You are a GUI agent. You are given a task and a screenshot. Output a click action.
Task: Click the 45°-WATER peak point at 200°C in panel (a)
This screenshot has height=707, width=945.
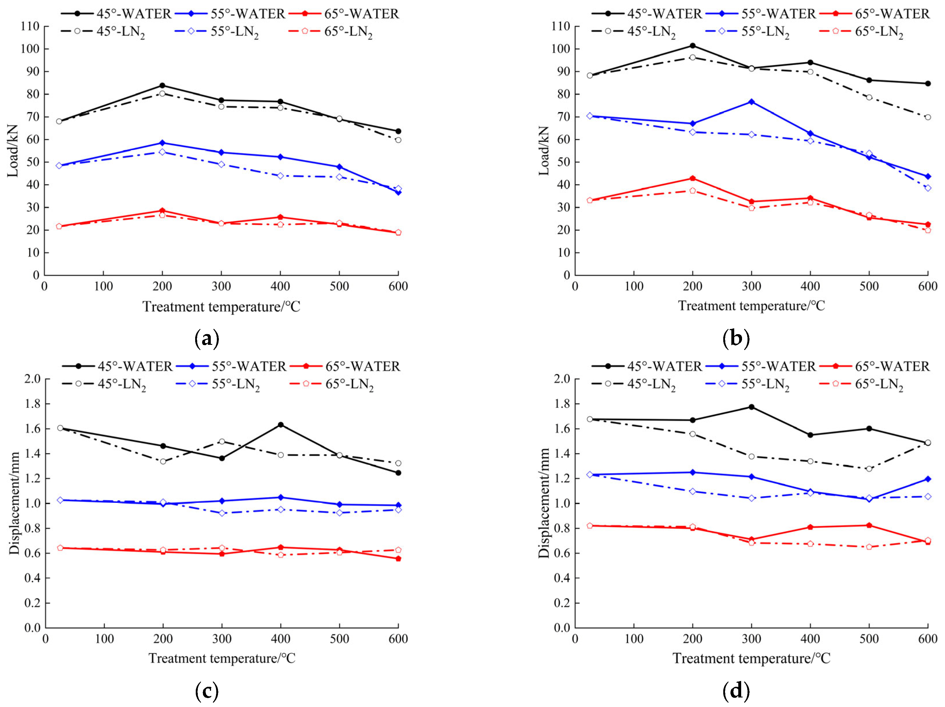point(162,85)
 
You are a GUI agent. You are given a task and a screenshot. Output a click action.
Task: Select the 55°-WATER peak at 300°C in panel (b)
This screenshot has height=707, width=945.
point(752,102)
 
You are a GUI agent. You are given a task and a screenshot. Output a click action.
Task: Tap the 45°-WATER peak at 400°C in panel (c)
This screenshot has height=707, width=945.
point(281,425)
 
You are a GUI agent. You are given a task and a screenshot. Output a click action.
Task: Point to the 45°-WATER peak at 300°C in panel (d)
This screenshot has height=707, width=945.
point(752,407)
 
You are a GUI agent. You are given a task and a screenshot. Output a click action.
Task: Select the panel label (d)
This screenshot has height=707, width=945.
point(736,691)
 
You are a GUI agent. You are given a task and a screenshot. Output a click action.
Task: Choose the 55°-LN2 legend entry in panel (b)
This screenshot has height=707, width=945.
point(747,32)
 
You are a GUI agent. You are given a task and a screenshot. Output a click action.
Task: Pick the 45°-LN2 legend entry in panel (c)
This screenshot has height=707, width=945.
point(104,384)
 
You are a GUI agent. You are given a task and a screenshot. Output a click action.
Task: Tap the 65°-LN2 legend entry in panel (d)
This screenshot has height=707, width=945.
point(861,384)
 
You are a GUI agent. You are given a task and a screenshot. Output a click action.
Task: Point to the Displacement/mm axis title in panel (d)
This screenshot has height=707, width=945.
point(544,503)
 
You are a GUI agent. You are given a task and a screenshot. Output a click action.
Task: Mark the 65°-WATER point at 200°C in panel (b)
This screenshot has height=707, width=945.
point(693,178)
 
